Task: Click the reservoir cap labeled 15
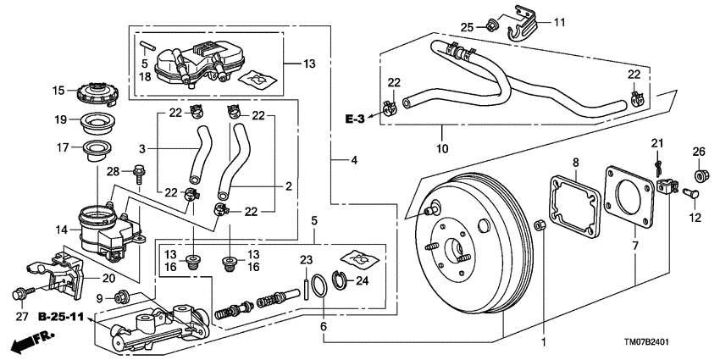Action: point(95,91)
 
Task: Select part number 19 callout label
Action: point(59,119)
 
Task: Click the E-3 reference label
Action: point(355,119)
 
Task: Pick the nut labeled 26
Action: point(700,176)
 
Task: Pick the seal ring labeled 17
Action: point(92,152)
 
